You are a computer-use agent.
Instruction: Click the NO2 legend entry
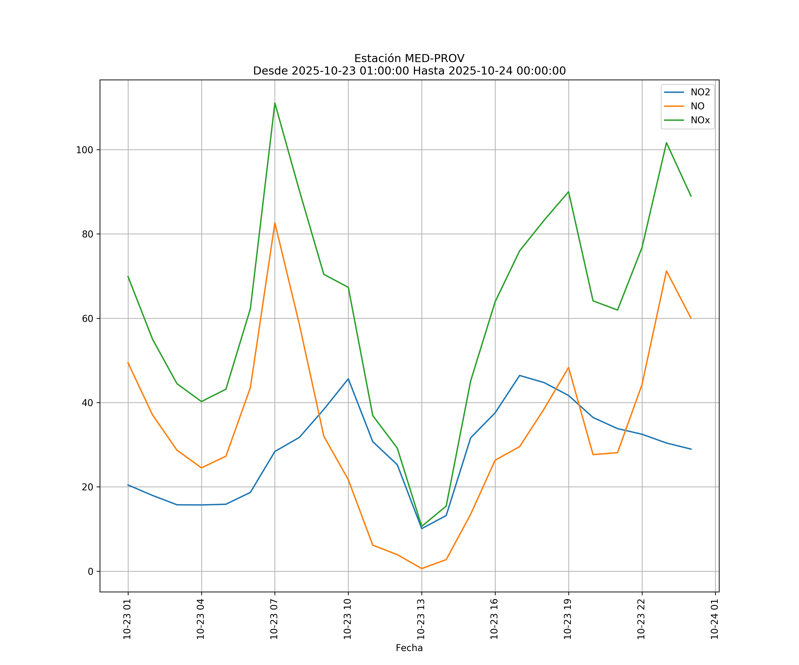point(700,92)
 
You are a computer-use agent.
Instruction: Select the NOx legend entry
point(700,120)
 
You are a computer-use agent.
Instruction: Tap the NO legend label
point(697,106)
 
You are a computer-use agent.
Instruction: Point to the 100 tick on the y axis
point(85,150)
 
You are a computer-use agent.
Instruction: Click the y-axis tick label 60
point(87,319)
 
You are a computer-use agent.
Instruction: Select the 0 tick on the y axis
point(91,571)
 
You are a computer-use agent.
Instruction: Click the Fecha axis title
point(409,648)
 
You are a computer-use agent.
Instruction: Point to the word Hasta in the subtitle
point(429,71)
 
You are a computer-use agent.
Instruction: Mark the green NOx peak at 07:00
point(275,103)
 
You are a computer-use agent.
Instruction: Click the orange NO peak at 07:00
point(275,223)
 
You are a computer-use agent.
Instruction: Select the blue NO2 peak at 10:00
point(348,379)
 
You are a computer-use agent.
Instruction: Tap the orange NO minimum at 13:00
point(421,569)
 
